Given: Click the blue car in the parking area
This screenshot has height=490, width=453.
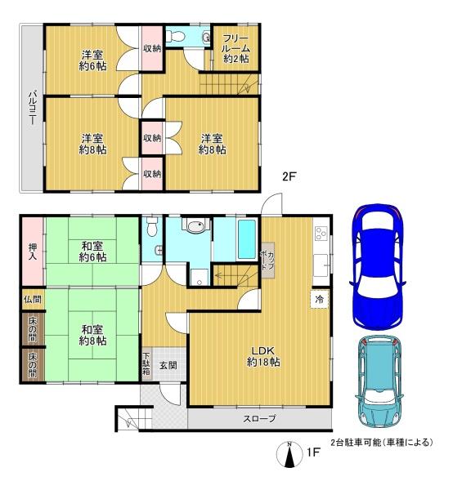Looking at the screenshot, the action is coord(377,266).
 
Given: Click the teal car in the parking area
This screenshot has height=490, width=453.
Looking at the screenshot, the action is coord(379,382).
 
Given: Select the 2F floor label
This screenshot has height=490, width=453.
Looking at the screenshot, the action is coord(289,177).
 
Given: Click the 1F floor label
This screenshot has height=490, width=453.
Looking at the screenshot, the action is coord(313,452).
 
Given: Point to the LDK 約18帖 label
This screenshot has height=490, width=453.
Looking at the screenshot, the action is coord(263,357).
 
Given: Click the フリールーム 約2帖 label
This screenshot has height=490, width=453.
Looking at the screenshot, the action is coord(235,48).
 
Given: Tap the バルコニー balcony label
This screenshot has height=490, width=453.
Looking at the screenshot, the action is coord(33,108).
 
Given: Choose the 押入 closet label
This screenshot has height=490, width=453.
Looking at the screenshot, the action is coord(33,252).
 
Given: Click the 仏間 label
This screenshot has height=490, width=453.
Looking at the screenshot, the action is coord(33,300).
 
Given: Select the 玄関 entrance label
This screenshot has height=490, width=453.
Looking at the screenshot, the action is coord(168,365).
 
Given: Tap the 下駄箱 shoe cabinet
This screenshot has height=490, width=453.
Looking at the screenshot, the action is coord(146,363).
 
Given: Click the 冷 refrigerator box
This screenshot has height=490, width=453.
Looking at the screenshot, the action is coord(320,300).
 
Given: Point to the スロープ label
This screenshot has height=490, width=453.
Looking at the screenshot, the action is coord(260,418).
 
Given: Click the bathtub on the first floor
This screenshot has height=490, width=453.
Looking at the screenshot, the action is coord(247,239).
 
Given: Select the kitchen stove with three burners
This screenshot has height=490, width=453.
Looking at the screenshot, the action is coord(321,233).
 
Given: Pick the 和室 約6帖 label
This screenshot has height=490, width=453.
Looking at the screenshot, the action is coord(92,252).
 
